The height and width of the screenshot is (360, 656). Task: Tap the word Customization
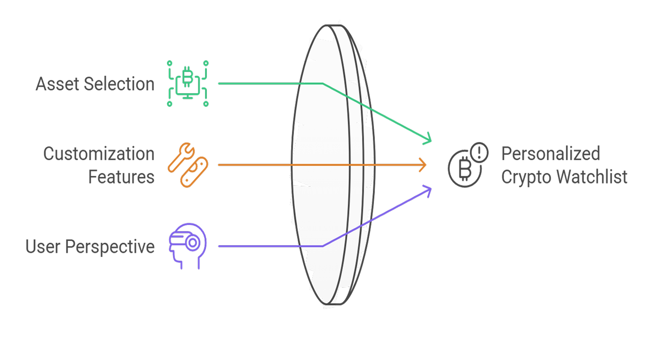pyautogui.click(x=99, y=154)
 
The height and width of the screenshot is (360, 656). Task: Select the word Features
pyautogui.click(x=121, y=177)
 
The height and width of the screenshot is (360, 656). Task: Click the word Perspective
pyautogui.click(x=110, y=247)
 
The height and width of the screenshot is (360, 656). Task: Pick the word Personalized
pyautogui.click(x=551, y=154)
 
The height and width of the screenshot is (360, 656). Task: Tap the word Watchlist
pyautogui.click(x=592, y=177)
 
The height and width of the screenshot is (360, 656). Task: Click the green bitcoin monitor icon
pyautogui.click(x=188, y=83)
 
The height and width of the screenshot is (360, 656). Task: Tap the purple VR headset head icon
pyautogui.click(x=187, y=246)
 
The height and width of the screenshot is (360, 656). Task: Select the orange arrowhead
pyautogui.click(x=423, y=165)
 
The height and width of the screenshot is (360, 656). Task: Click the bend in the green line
pyautogui.click(x=323, y=84)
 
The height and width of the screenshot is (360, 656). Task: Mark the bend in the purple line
pyautogui.click(x=323, y=246)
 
